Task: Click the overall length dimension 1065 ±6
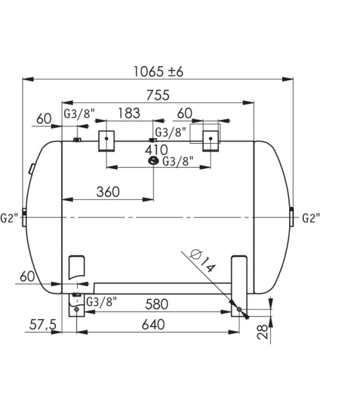click(x=159, y=72)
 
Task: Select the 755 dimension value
click(x=158, y=95)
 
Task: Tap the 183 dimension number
click(x=129, y=113)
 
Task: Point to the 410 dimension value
click(x=156, y=150)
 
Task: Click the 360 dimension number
click(x=108, y=192)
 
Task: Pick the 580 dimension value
click(x=156, y=304)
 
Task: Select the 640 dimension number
click(x=153, y=325)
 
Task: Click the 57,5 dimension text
click(x=43, y=325)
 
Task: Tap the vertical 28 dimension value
click(x=262, y=332)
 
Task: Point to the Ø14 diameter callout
click(x=202, y=261)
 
